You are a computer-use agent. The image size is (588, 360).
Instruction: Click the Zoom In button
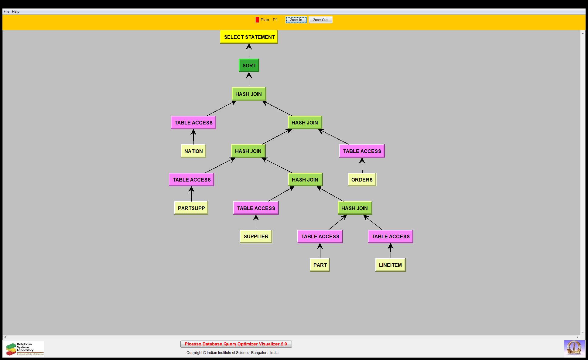tap(296, 20)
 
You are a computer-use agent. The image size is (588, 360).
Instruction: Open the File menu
tap(6, 12)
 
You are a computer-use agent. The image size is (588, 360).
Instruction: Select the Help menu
tap(15, 12)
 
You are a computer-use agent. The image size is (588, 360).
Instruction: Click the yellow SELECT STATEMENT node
tap(249, 37)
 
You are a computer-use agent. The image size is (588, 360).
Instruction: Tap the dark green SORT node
tap(249, 66)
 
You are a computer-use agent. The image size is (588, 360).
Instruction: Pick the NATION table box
tap(193, 151)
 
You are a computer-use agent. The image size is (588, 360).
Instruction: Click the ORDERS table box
tap(362, 180)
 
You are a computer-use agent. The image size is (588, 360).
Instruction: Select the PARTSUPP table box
tap(191, 208)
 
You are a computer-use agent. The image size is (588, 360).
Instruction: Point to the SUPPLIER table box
tap(256, 236)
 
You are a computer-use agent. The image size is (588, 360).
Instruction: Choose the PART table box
tap(320, 265)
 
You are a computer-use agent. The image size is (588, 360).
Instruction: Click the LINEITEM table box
tap(390, 265)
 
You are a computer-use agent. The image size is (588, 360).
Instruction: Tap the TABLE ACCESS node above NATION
tap(193, 123)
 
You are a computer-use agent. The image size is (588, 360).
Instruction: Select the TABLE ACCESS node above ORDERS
tap(362, 151)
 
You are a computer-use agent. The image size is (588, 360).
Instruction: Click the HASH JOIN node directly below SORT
tap(248, 94)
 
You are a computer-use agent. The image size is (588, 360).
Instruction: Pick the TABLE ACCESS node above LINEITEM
tap(390, 236)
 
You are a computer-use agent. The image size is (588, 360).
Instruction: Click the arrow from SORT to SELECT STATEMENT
tap(249, 51)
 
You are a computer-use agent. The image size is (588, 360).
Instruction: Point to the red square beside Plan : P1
tap(257, 20)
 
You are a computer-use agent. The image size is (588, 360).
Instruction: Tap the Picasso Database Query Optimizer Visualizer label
tap(236, 344)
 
